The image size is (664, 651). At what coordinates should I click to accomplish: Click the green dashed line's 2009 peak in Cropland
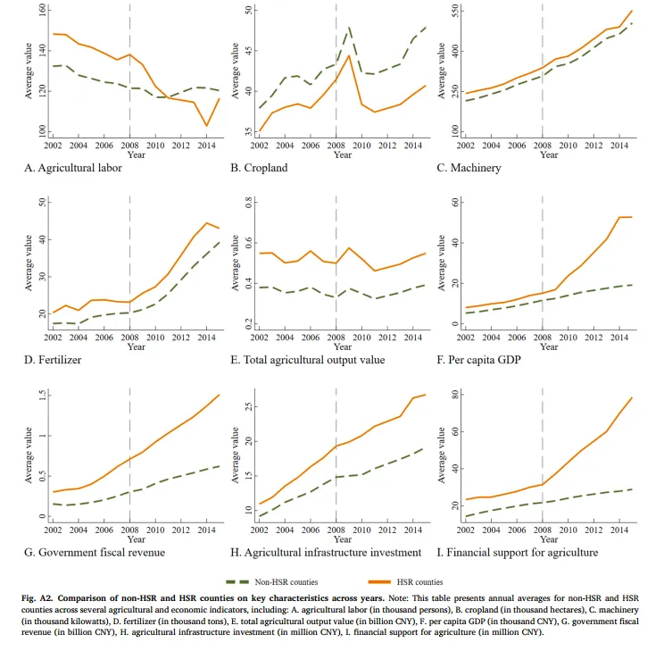349,28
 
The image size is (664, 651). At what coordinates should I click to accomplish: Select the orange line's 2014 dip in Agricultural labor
206,126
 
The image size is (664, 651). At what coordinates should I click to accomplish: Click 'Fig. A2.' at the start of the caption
38,595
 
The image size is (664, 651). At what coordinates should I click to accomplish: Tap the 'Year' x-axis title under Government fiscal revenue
136,538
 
